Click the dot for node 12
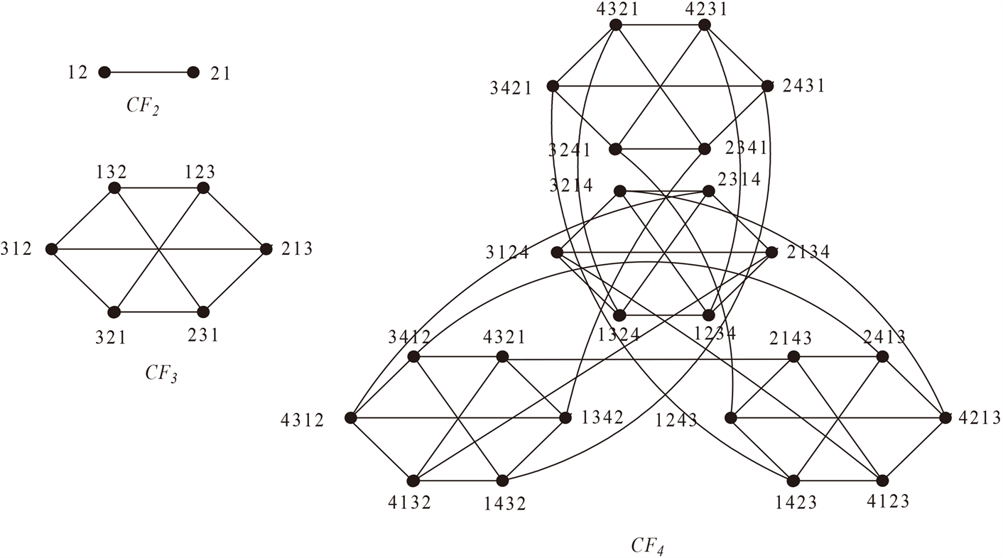(x=104, y=72)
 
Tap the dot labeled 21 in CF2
(x=193, y=72)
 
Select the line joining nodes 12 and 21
(x=148, y=72)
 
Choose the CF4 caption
(x=647, y=545)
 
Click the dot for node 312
(x=51, y=249)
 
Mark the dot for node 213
(x=266, y=249)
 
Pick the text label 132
(x=112, y=171)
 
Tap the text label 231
(x=204, y=336)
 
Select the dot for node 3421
(x=552, y=87)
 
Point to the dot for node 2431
(x=767, y=86)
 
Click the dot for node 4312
(x=350, y=418)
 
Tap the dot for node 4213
(x=945, y=417)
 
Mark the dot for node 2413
(x=883, y=356)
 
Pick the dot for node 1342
(x=565, y=417)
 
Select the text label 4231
(x=705, y=9)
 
